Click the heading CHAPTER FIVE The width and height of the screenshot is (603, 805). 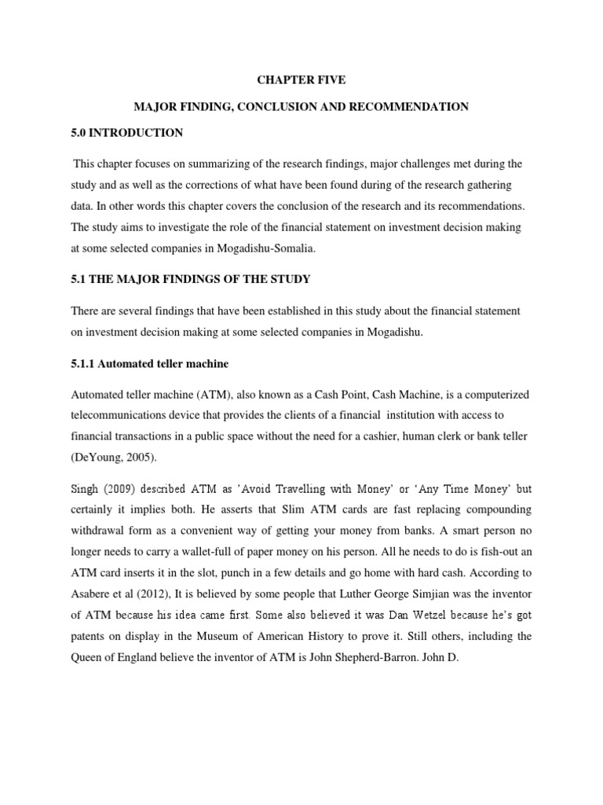tap(301, 79)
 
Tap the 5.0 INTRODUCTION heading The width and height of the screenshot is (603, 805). tap(126, 133)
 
